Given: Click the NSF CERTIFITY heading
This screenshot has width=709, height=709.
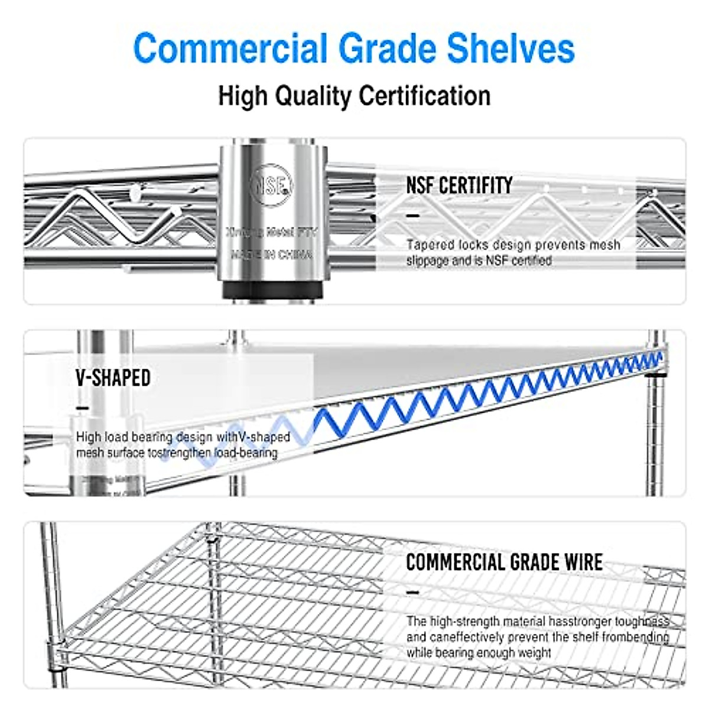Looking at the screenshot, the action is (x=459, y=186).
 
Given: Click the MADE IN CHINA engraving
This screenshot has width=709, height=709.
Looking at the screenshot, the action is (x=272, y=255).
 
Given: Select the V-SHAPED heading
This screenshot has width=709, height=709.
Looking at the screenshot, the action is (x=113, y=378).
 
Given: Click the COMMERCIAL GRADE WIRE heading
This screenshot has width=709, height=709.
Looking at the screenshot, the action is (x=504, y=562).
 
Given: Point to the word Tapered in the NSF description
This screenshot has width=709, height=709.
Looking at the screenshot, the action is (x=430, y=245).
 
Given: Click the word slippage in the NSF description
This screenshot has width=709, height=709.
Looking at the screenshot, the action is (x=427, y=261).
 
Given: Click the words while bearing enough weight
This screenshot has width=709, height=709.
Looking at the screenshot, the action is (x=479, y=653).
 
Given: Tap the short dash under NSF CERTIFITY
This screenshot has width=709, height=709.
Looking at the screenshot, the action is (x=413, y=216).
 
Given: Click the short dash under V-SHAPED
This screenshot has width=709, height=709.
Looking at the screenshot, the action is (x=83, y=408).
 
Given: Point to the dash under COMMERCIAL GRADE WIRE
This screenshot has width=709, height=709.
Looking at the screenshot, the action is (x=413, y=593).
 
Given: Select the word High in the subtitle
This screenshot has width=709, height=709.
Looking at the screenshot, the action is (x=242, y=96).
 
